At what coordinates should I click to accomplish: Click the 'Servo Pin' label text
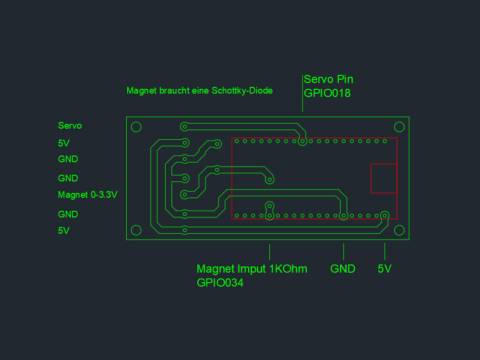click(x=328, y=79)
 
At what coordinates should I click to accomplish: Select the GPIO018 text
click(x=327, y=93)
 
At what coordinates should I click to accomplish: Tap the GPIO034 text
click(x=220, y=283)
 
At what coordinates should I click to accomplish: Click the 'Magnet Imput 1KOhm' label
click(x=252, y=269)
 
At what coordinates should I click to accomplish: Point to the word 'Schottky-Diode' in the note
click(x=242, y=90)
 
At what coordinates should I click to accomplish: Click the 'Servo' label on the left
click(x=70, y=126)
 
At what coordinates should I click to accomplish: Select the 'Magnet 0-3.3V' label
click(x=88, y=195)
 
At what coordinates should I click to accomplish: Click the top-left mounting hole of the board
click(x=136, y=127)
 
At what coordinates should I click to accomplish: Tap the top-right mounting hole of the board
click(x=399, y=127)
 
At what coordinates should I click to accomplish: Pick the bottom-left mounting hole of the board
click(x=136, y=231)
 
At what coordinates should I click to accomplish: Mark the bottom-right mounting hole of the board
click(x=399, y=231)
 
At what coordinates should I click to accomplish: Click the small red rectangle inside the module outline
click(x=384, y=178)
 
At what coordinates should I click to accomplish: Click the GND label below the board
click(x=343, y=269)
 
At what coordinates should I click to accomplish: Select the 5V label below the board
click(x=384, y=269)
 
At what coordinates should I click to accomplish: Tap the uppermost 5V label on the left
click(x=64, y=143)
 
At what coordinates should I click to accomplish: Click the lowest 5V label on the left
click(x=64, y=230)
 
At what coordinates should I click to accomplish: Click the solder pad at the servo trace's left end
click(x=184, y=127)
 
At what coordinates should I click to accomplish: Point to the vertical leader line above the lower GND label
click(x=344, y=251)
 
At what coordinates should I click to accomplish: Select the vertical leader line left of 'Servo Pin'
click(x=302, y=93)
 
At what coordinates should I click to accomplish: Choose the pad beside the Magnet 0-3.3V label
click(x=184, y=195)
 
